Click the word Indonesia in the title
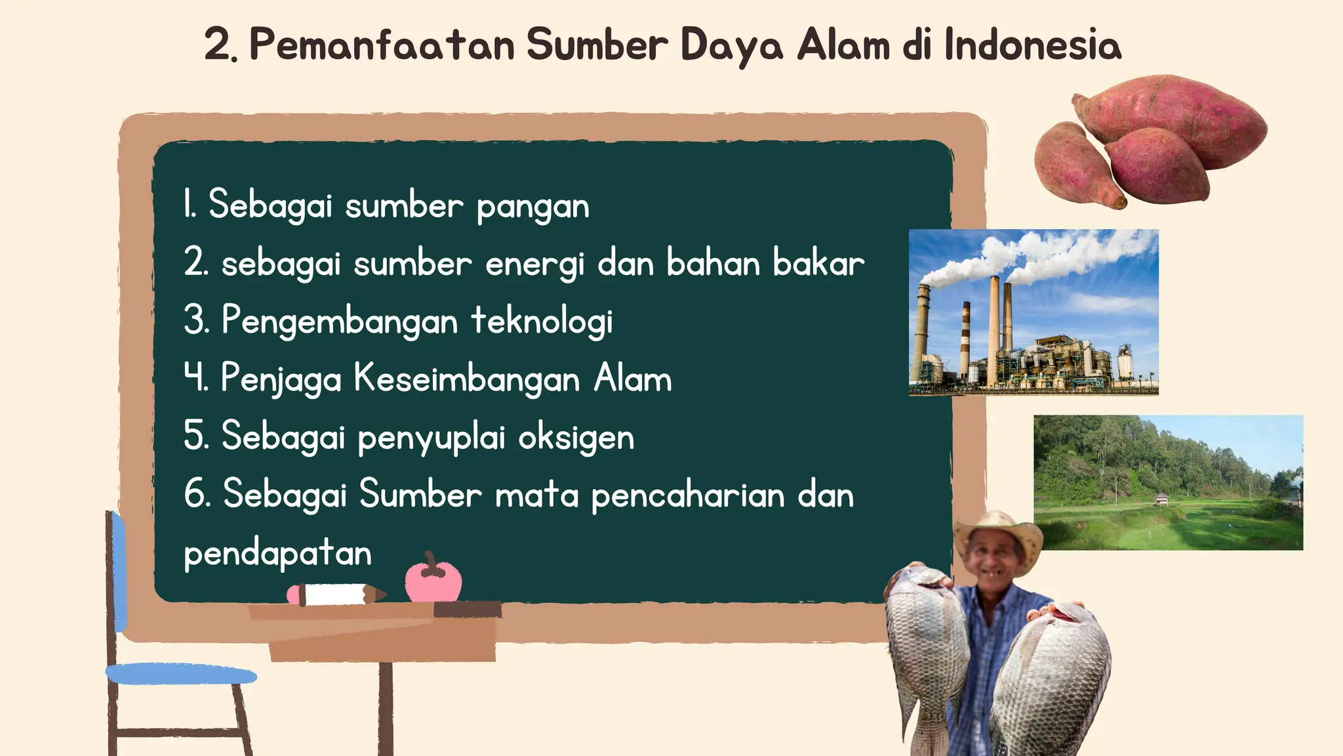[1033, 45]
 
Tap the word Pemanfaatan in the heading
[382, 45]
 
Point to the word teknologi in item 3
[542, 322]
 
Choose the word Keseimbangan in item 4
[467, 379]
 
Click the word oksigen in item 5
[576, 437]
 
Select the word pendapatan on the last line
[277, 554]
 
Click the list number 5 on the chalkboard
[195, 436]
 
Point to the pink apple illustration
[433, 580]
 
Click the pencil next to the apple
[336, 595]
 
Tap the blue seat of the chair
[180, 674]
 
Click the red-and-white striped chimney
[965, 341]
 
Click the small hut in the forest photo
[1161, 499]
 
